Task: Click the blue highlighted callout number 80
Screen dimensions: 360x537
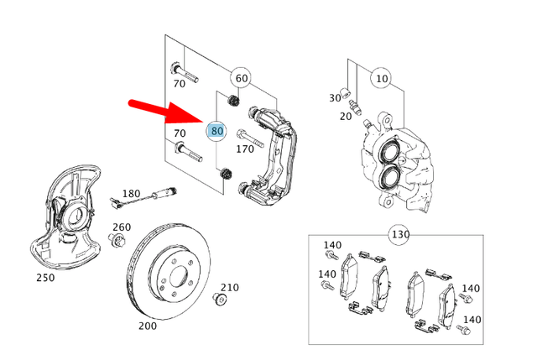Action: (x=216, y=131)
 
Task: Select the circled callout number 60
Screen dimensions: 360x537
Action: (x=241, y=78)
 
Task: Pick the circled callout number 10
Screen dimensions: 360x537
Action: (x=382, y=79)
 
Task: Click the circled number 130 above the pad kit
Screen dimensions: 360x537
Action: (x=399, y=232)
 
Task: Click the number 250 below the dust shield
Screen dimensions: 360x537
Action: (x=45, y=276)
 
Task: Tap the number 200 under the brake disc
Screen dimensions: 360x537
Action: (x=148, y=326)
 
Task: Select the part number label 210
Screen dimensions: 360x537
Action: (x=230, y=288)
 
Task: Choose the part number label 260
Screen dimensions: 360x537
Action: (x=122, y=227)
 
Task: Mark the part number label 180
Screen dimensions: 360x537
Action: (x=131, y=194)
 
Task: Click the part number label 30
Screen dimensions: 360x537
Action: (x=336, y=97)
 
